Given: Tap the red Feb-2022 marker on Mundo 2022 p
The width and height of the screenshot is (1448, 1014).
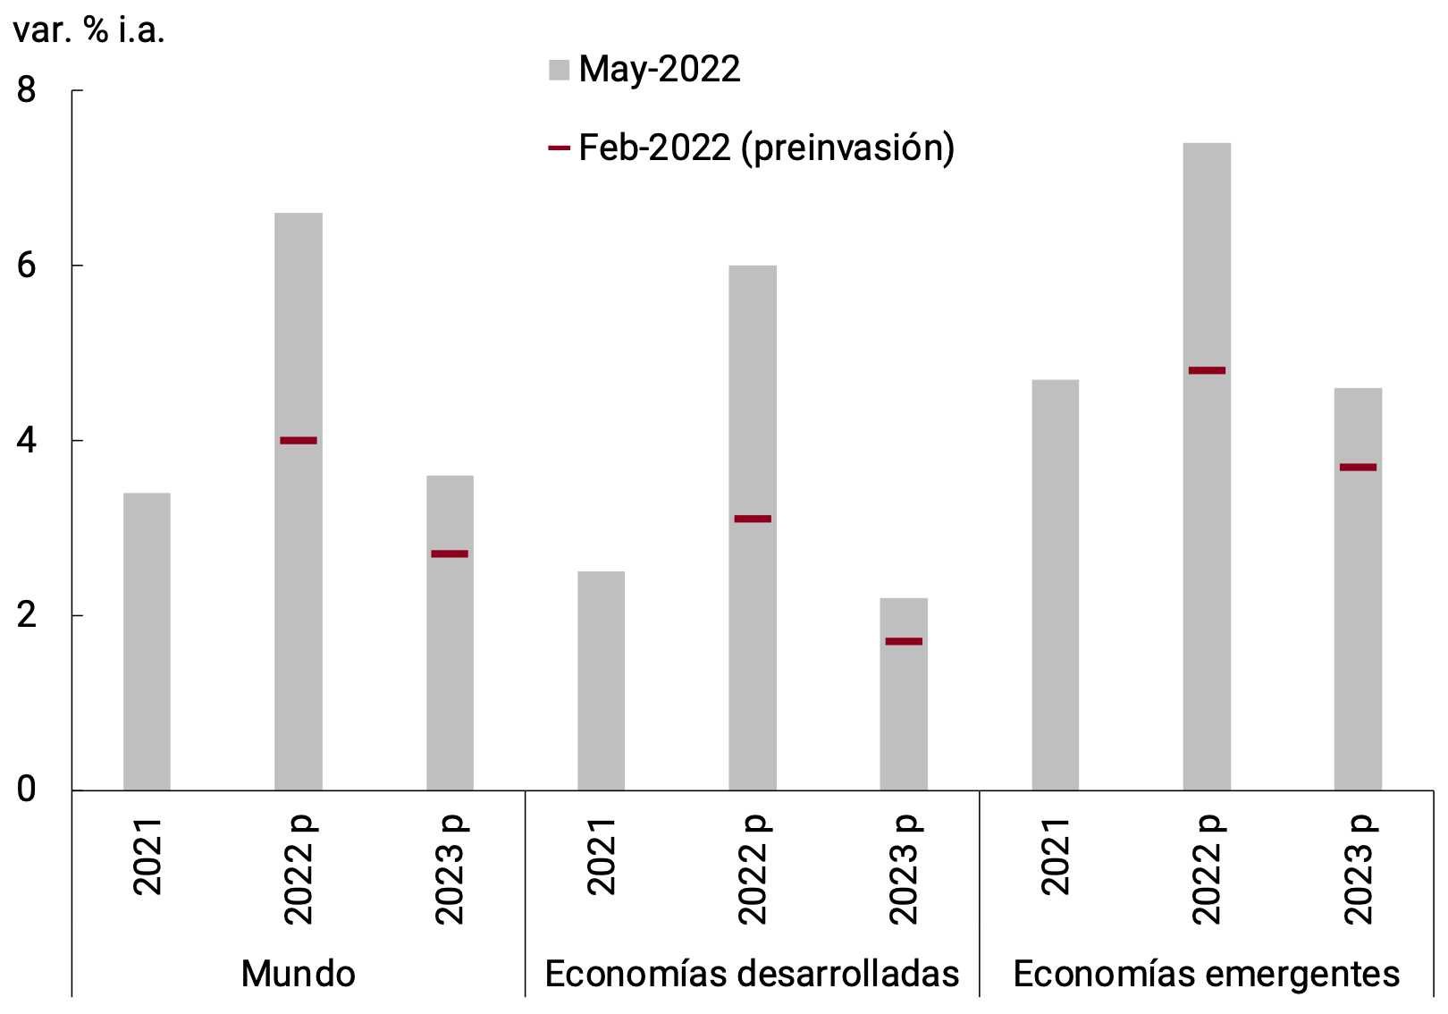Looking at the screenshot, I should coord(299,440).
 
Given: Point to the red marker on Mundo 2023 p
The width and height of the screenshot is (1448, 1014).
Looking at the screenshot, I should coord(450,553).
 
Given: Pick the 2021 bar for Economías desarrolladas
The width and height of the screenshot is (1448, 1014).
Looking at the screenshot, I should coord(601,680).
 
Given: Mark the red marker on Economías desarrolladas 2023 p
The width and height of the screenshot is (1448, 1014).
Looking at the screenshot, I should coord(904,641).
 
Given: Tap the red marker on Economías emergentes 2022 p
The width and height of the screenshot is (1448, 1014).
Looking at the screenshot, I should coord(1207,370).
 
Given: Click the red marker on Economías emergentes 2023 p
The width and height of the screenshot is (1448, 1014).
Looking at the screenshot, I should coord(1358,467).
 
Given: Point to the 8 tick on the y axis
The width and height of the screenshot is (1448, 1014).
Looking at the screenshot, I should coord(27,90).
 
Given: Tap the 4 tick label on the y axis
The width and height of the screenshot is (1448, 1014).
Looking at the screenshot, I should coord(27,440).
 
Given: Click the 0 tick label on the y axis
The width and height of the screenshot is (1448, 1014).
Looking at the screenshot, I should coord(27,790).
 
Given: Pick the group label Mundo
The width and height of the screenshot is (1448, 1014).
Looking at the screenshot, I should coord(299,974).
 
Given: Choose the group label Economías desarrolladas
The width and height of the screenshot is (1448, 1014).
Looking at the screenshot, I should coord(752,974).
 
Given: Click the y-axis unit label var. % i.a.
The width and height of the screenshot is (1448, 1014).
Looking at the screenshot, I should coord(89,30).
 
